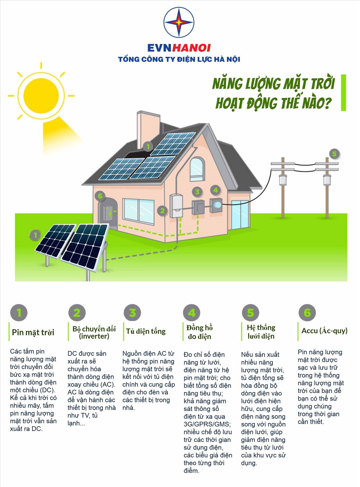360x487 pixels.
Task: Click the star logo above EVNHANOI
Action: click(179, 22)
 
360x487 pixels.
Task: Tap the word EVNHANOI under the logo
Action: click(179, 48)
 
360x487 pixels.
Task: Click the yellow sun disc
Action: click(41, 95)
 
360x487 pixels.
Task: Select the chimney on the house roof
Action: click(148, 130)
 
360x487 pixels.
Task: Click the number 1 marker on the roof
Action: click(148, 146)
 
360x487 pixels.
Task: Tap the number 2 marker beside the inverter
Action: click(162, 211)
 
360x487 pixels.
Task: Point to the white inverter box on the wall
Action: click(176, 206)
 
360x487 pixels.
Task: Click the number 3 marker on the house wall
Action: click(197, 192)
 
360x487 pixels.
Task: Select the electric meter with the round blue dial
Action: click(216, 205)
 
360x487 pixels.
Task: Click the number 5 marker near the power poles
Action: click(334, 153)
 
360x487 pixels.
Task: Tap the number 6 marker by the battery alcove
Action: click(100, 196)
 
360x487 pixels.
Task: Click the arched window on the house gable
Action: click(197, 169)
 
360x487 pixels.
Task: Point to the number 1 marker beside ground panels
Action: click(35, 235)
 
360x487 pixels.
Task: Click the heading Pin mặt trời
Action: click(33, 332)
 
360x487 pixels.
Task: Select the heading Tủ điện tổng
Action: click(146, 331)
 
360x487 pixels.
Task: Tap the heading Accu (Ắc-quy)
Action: click(324, 331)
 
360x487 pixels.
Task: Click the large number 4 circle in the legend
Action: click(192, 313)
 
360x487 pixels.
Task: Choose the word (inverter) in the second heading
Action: click(94, 336)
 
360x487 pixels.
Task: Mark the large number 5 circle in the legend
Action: click(251, 313)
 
